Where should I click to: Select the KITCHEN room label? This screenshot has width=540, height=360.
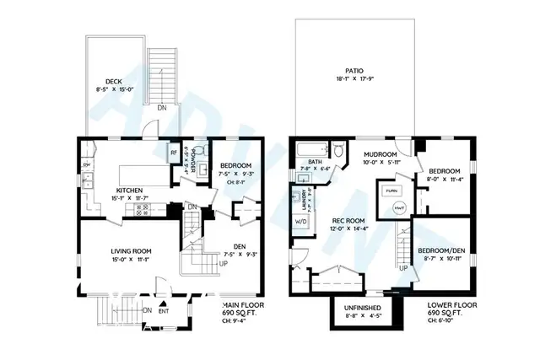pyautogui.click(x=129, y=190)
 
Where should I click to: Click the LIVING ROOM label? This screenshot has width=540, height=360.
pyautogui.click(x=131, y=250)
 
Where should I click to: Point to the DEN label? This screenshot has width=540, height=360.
pyautogui.click(x=239, y=246)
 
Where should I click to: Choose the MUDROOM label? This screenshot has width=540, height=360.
pyautogui.click(x=381, y=154)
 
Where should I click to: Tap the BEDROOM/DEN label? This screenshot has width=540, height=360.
pyautogui.click(x=444, y=251)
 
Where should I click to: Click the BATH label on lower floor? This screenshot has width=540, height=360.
pyautogui.click(x=316, y=161)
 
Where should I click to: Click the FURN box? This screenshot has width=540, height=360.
pyautogui.click(x=392, y=191)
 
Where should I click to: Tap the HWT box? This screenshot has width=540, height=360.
pyautogui.click(x=400, y=207)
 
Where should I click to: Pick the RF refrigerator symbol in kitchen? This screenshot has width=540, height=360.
pyautogui.click(x=173, y=153)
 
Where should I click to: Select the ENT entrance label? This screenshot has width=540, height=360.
pyautogui.click(x=164, y=310)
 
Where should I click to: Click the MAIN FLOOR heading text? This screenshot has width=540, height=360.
pyautogui.click(x=240, y=304)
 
